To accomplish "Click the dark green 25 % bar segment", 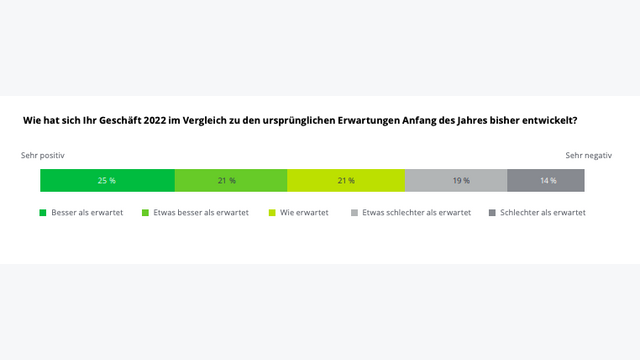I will click(107, 180).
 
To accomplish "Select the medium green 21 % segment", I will click(230, 180).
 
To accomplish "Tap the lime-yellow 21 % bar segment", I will click(346, 180).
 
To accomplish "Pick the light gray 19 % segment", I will click(456, 180).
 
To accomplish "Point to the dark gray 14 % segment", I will click(546, 180).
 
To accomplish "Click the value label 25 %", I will click(107, 181).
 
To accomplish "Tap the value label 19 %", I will click(461, 181).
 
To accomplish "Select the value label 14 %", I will click(548, 181).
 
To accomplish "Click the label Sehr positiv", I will click(43, 156).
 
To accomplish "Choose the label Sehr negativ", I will click(588, 156).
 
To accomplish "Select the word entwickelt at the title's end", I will click(549, 121).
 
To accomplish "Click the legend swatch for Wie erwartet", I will click(272, 213).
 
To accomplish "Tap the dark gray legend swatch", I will click(491, 213).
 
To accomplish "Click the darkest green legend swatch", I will click(43, 213).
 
